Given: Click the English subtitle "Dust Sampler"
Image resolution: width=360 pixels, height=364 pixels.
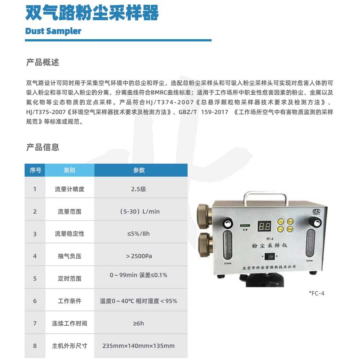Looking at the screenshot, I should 53,31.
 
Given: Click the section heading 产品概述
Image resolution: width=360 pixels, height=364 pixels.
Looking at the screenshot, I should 43,62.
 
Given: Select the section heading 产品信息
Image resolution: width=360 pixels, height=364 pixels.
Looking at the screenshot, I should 43,147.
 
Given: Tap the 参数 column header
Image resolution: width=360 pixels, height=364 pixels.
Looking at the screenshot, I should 139,170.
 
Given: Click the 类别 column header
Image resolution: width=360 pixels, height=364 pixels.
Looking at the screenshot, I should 69,170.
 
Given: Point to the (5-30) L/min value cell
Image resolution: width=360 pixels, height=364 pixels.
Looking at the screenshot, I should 140,211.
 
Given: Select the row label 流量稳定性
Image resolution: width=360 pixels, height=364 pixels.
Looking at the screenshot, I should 69,234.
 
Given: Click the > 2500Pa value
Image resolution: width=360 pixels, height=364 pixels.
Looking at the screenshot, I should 139,256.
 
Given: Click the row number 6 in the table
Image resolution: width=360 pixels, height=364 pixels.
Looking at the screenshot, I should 35,301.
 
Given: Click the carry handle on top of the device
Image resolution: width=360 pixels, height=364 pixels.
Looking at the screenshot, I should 265,195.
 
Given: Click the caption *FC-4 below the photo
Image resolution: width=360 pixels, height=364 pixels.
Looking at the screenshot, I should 313,293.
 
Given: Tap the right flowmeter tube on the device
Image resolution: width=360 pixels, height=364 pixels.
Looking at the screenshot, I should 311,244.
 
